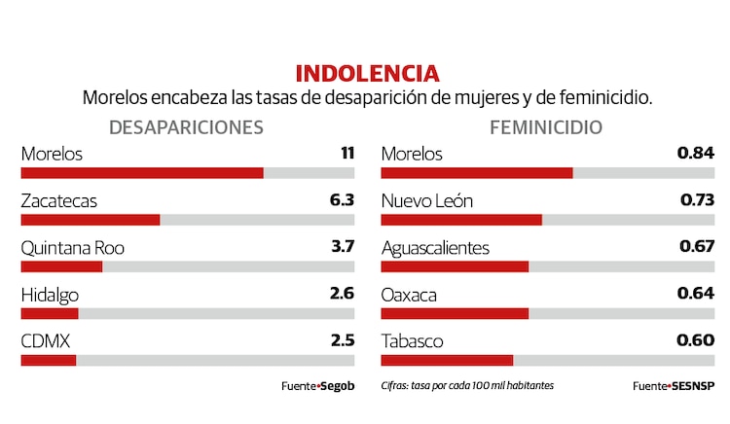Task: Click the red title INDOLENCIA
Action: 366,73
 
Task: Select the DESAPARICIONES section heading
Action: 186,126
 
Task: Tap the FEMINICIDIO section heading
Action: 546,126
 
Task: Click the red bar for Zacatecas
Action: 91,220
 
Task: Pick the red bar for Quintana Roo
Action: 61,266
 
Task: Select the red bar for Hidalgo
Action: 50,313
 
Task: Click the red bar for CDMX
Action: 49,360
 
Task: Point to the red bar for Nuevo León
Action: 461,220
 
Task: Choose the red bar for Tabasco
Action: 447,360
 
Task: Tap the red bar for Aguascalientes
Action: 455,266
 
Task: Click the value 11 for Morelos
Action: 347,153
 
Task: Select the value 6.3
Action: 342,200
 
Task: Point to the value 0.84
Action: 696,153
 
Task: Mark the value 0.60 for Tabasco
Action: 696,340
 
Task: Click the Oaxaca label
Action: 409,295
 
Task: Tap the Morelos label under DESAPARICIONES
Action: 52,154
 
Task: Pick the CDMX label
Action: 46,341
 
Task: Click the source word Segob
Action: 337,386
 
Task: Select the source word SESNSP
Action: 693,386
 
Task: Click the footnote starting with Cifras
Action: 467,385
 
